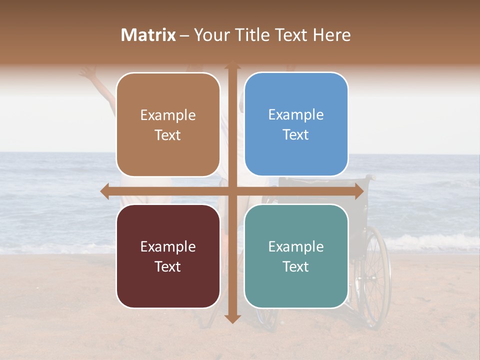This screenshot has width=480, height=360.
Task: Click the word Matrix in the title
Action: (148, 35)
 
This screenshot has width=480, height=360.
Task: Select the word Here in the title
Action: (332, 35)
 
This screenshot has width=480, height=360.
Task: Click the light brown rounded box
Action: (168, 124)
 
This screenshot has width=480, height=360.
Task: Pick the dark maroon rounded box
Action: (168, 256)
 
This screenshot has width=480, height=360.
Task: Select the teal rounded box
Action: (296, 256)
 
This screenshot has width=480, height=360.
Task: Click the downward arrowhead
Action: (232, 318)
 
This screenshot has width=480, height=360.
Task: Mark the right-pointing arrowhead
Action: (358, 191)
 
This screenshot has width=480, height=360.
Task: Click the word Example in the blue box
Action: (296, 114)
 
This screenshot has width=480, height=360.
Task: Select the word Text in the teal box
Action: (296, 266)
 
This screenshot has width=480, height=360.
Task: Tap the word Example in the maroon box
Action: (168, 246)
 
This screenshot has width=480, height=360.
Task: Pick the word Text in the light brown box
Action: (168, 135)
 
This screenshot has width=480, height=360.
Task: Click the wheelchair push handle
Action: (370, 177)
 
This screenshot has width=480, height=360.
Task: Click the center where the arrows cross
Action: (232, 191)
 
